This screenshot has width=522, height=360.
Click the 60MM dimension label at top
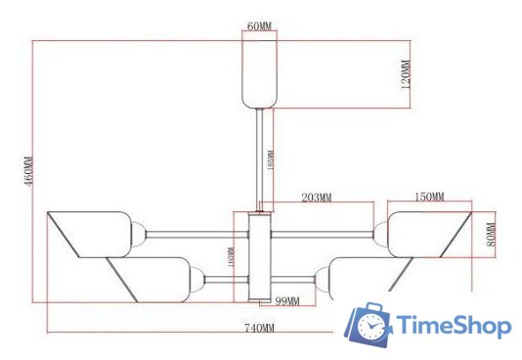click(x=259, y=26)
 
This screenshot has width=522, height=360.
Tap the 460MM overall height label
click(x=28, y=171)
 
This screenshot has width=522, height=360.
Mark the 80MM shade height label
click(x=493, y=235)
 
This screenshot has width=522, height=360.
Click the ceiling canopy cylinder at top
click(x=259, y=73)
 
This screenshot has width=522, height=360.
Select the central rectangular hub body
click(x=260, y=256)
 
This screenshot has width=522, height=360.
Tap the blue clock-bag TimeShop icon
click(x=370, y=326)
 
